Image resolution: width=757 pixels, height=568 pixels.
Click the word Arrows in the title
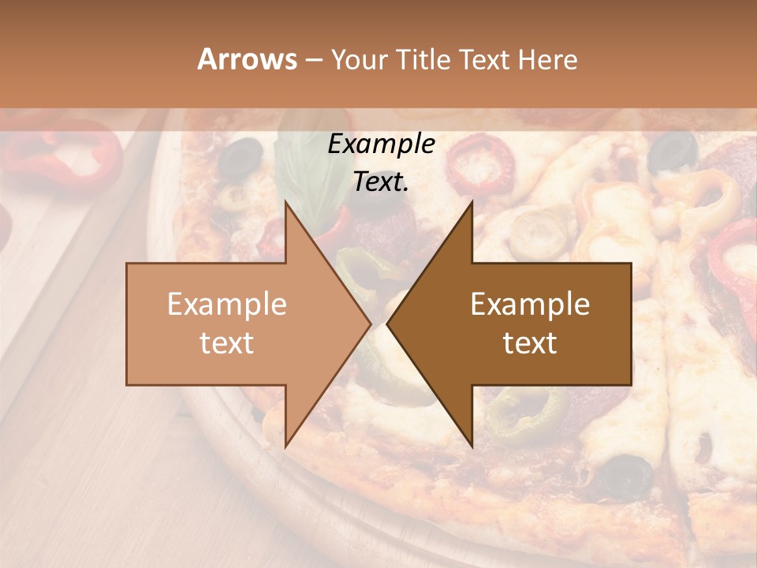248,59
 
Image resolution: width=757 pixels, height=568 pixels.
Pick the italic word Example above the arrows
381,144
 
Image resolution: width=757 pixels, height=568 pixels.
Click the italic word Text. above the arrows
381,182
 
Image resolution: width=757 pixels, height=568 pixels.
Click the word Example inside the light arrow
227,305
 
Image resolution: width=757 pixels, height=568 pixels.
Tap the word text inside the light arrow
227,343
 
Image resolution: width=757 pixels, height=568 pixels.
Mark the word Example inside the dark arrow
530,305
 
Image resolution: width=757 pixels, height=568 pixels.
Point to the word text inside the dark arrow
530,343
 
